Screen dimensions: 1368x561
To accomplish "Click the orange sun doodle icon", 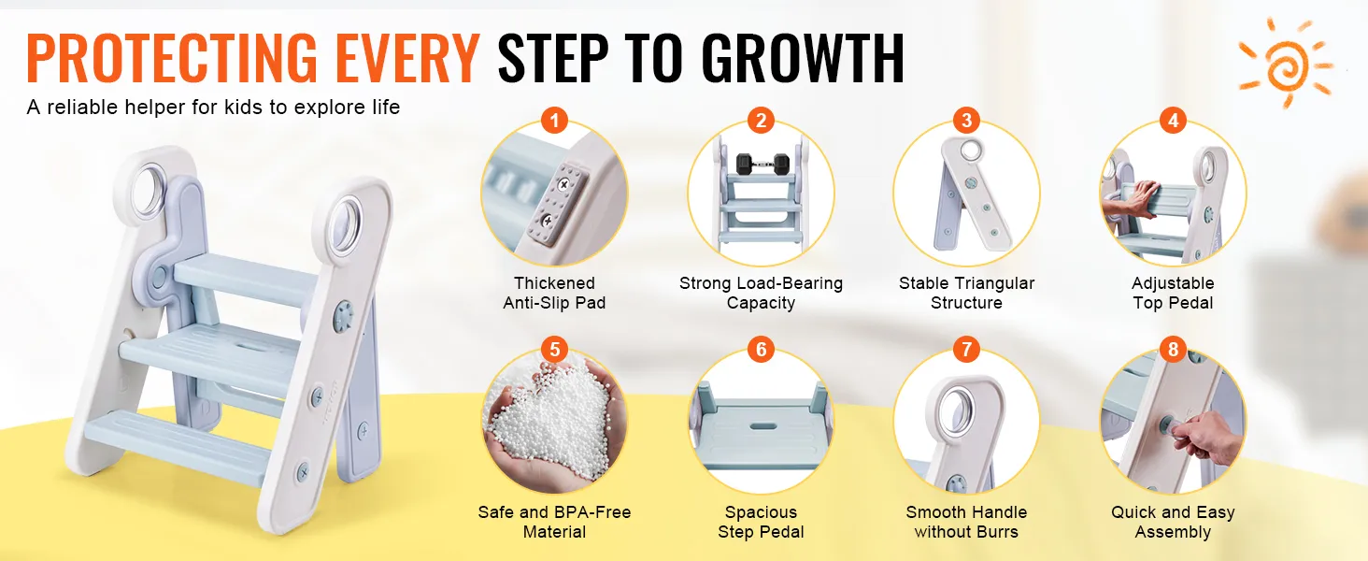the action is (x=1286, y=63).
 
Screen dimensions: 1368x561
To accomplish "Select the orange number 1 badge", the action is (x=554, y=121).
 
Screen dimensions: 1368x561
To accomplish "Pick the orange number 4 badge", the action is (x=1173, y=121).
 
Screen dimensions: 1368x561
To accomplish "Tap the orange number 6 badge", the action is (x=761, y=349).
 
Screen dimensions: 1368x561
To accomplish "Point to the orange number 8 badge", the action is (x=1173, y=349).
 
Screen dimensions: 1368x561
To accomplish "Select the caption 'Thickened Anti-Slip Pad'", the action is (x=554, y=293).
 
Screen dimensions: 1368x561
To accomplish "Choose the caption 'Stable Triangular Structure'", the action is (x=966, y=293).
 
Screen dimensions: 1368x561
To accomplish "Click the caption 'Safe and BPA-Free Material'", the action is (x=554, y=522).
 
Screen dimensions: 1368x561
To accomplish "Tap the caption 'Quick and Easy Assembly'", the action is (x=1173, y=522).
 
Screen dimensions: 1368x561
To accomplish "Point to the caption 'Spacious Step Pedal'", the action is (x=761, y=522).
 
